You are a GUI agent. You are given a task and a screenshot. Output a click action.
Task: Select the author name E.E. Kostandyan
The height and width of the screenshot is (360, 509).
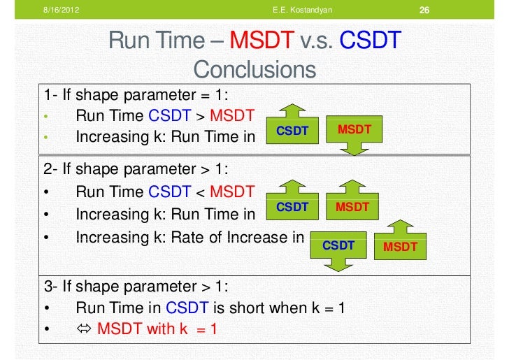click(x=303, y=10)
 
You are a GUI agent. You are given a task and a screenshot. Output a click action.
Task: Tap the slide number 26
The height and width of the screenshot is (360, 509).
click(x=424, y=10)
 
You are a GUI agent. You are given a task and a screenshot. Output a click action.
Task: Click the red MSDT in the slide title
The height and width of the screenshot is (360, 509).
click(x=261, y=42)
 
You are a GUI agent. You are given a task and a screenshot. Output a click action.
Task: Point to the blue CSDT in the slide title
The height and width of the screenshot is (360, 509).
click(x=370, y=42)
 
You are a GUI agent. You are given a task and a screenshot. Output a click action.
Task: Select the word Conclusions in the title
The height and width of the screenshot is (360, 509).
click(x=254, y=69)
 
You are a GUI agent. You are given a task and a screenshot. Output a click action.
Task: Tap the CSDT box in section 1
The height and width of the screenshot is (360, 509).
click(x=292, y=131)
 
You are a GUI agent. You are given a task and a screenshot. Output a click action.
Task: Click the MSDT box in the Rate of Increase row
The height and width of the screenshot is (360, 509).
click(x=401, y=247)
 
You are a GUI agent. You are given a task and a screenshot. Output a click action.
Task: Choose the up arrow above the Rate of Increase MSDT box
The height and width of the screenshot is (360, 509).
click(x=401, y=227)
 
